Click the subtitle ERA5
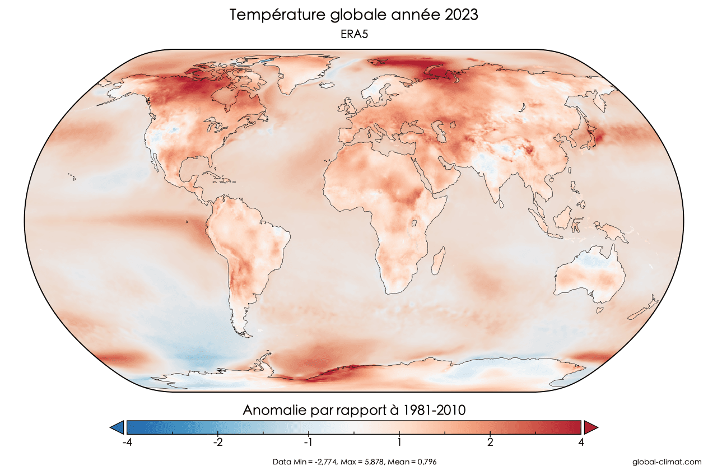tap(353, 34)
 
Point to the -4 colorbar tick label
tap(127, 442)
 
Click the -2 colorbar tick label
tap(218, 442)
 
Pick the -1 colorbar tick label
tap(308, 442)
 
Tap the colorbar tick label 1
tap(399, 442)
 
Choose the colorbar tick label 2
tap(490, 442)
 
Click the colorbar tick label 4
tap(581, 442)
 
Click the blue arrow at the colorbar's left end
tap(117, 427)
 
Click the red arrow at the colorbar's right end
tap(590, 427)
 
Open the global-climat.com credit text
tap(666, 462)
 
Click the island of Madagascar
tap(440, 262)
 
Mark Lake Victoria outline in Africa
tap(416, 223)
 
